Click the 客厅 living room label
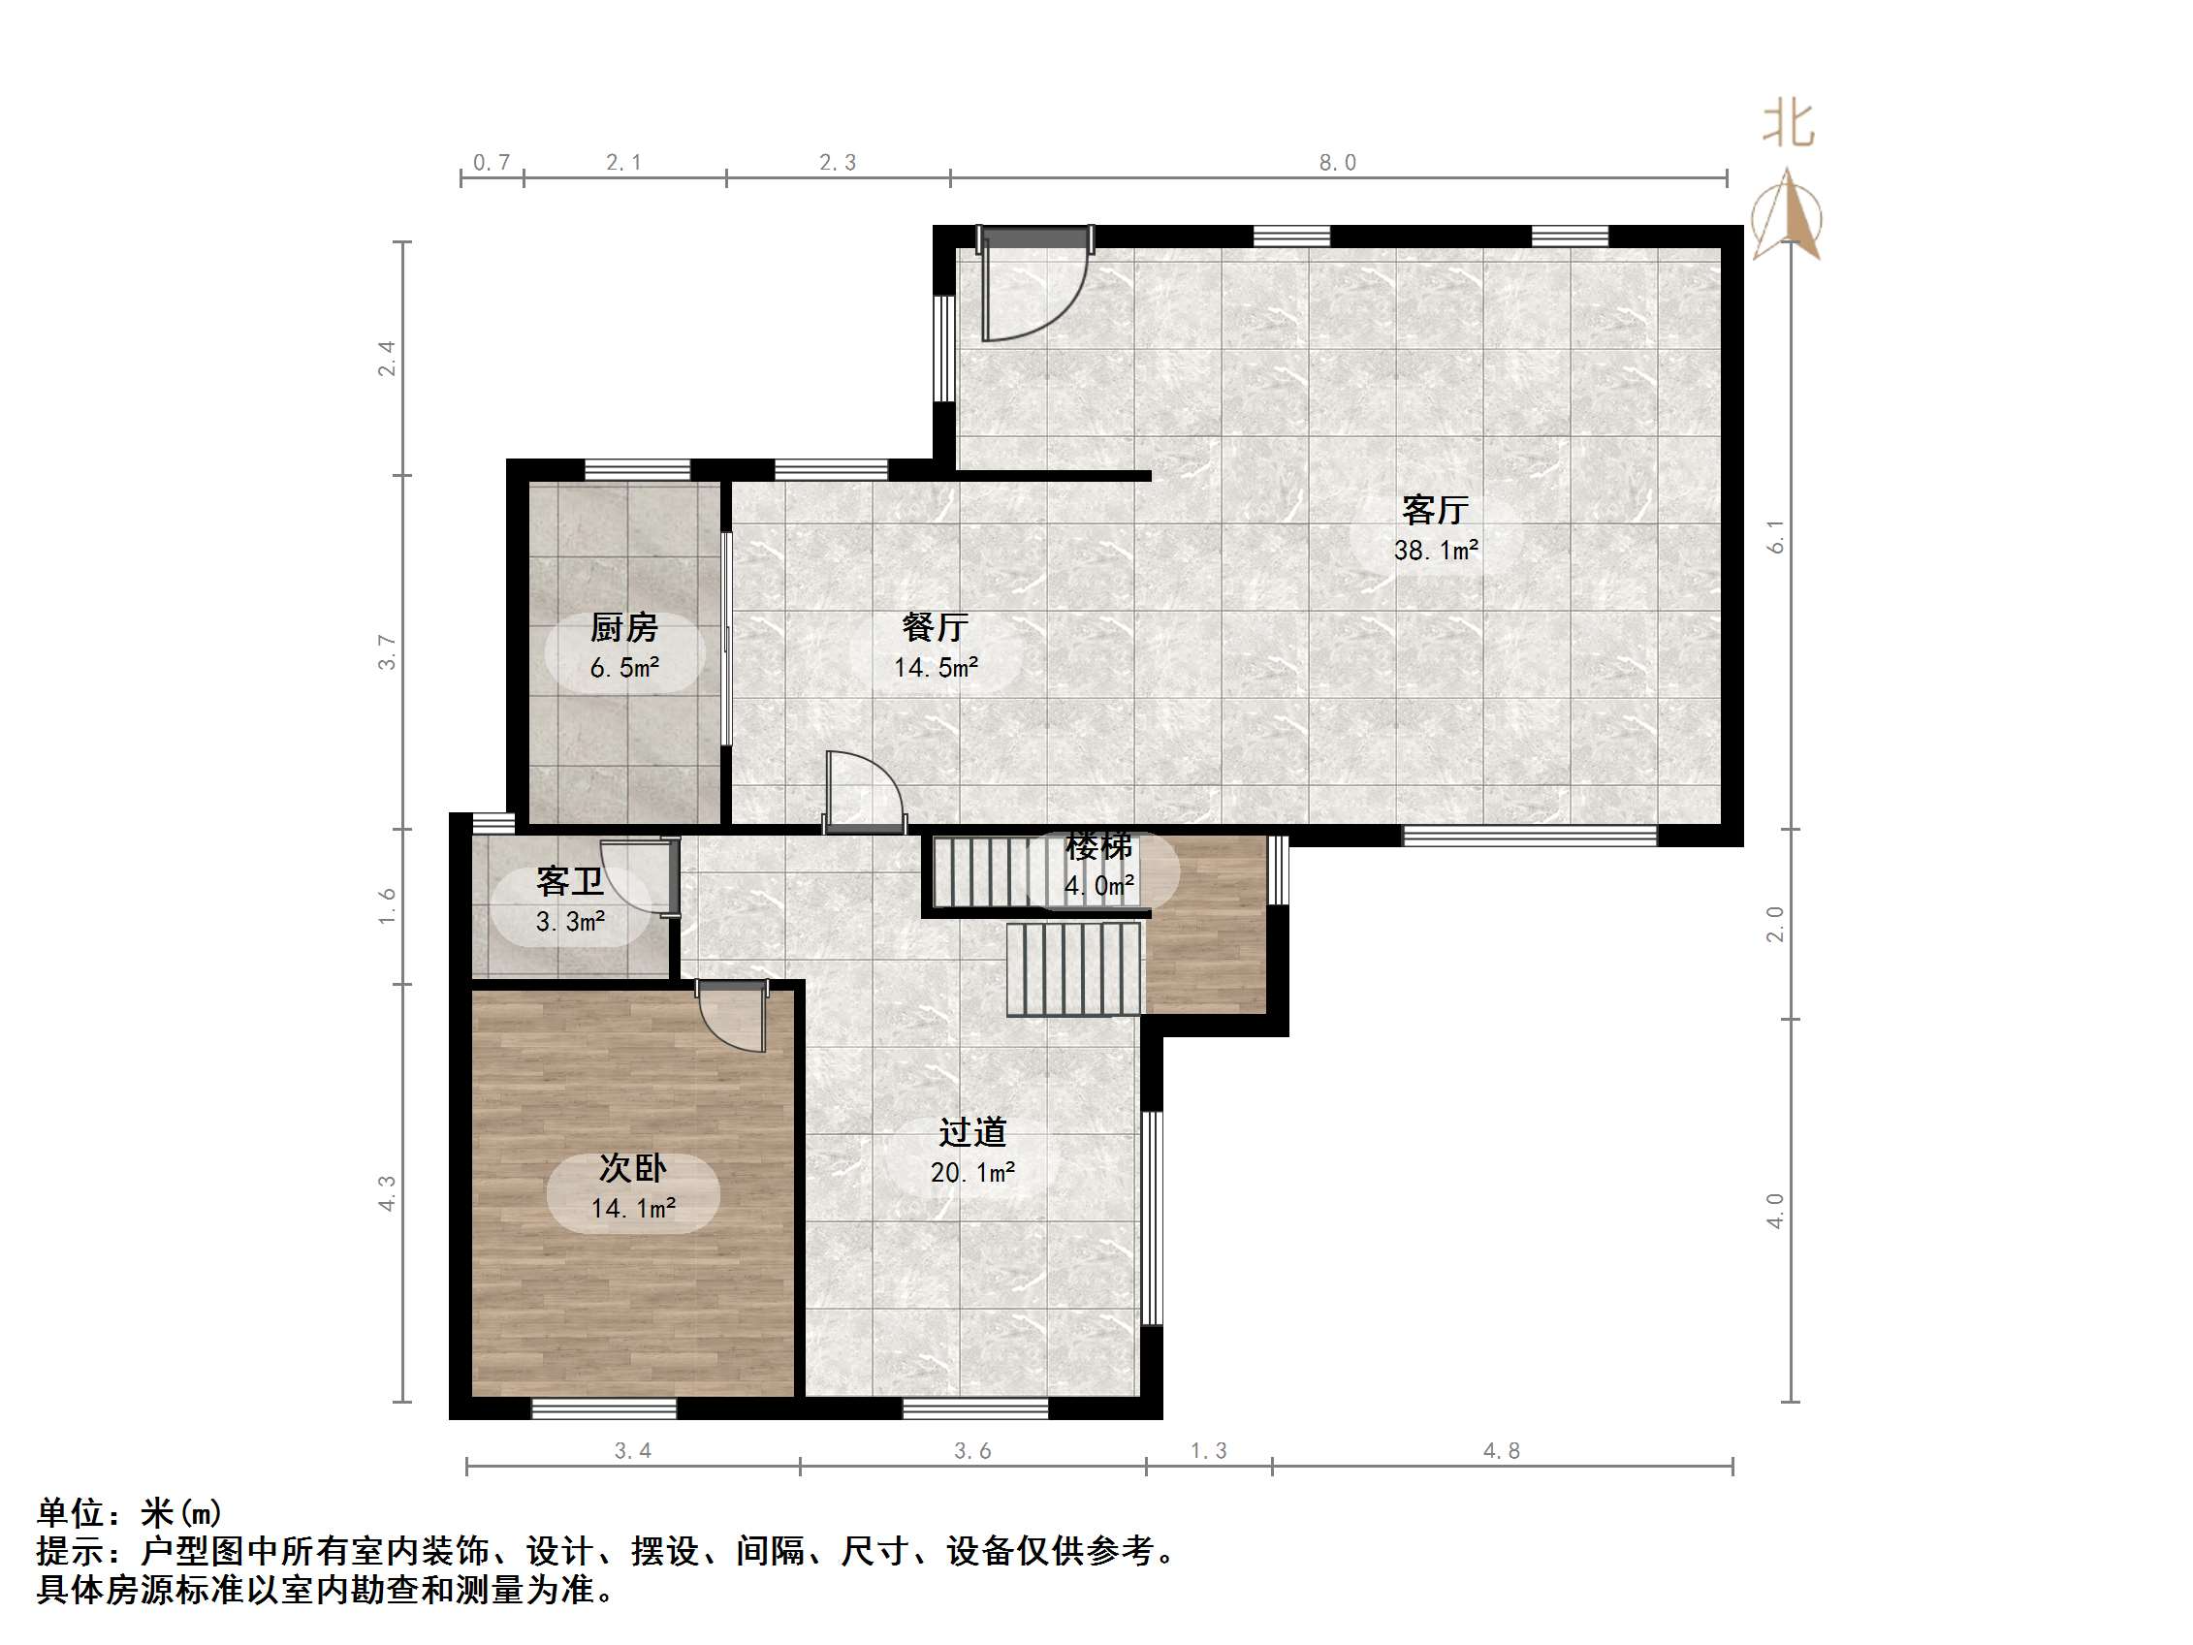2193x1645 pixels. pos(1435,510)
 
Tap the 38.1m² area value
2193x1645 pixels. pos(1436,550)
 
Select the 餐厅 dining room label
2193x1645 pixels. pos(935,626)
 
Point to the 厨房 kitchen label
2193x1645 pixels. pos(623,627)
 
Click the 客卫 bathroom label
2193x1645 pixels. pos(569,880)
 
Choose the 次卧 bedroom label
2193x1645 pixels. pos(632,1168)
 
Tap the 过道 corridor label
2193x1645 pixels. pos(972,1132)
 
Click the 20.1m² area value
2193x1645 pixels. pos(972,1173)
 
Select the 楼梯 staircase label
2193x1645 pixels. pos(1098,847)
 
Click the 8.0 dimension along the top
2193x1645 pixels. pos(1337,163)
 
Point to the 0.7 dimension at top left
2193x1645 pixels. pos(492,163)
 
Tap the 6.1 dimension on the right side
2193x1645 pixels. pos(1775,536)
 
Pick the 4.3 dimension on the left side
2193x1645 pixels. pos(387,1193)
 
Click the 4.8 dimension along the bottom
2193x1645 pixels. pos(1501,1451)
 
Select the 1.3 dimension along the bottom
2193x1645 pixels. pos(1209,1451)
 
